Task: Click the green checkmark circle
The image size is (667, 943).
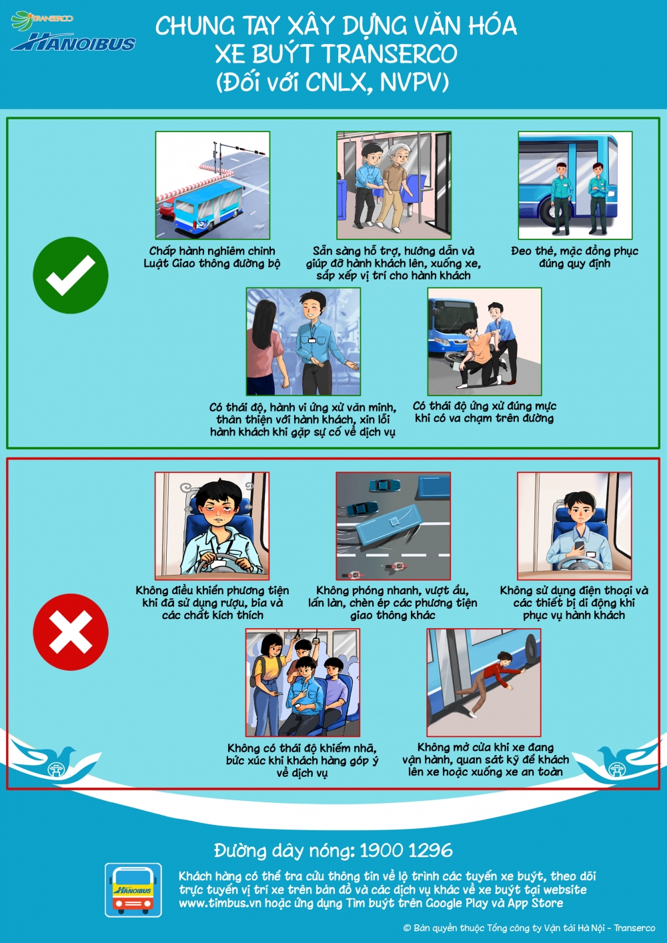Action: [x=71, y=275]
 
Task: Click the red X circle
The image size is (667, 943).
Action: [x=71, y=632]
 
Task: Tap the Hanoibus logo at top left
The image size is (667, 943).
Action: [x=73, y=33]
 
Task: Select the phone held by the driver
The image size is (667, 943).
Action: [x=580, y=545]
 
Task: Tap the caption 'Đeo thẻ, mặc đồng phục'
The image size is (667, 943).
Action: [x=574, y=251]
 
